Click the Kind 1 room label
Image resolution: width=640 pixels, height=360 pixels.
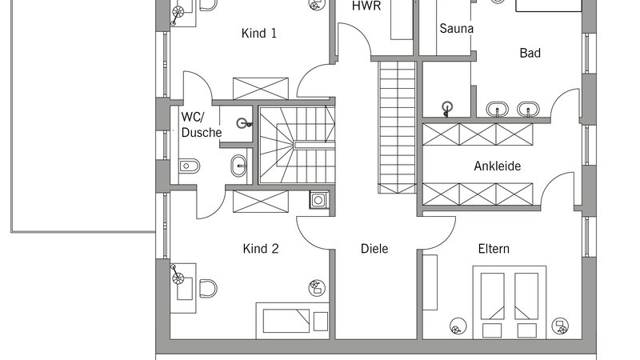[x=258, y=33]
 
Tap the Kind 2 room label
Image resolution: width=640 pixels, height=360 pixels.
[x=261, y=249]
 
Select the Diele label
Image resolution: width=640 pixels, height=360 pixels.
[x=374, y=249]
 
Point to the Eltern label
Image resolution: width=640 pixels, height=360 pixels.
[x=494, y=249]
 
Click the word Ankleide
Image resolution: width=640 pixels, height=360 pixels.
[x=497, y=166]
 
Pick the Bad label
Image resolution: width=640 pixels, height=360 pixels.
[x=530, y=53]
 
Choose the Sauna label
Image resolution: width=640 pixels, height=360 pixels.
[x=456, y=29]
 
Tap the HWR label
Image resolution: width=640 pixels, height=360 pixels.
[x=366, y=6]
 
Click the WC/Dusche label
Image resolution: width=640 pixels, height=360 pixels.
[x=202, y=125]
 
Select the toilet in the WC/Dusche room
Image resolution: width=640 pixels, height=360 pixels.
[x=189, y=166]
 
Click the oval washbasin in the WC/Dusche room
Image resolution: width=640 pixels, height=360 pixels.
[x=238, y=166]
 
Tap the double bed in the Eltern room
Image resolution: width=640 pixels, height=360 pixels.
[x=510, y=302]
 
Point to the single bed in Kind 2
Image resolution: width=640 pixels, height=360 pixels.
[x=292, y=321]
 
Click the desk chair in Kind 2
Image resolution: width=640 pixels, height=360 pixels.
[x=208, y=288]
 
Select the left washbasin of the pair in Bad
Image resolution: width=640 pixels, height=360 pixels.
[x=497, y=110]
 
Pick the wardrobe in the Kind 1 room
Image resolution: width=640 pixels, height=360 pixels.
[x=261, y=88]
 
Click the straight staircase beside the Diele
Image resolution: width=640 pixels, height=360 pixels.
[x=397, y=127]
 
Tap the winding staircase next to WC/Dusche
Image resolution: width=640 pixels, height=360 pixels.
[x=297, y=145]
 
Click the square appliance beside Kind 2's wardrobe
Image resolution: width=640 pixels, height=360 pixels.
[x=318, y=200]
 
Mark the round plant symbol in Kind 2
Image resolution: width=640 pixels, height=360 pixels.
[x=316, y=288]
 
